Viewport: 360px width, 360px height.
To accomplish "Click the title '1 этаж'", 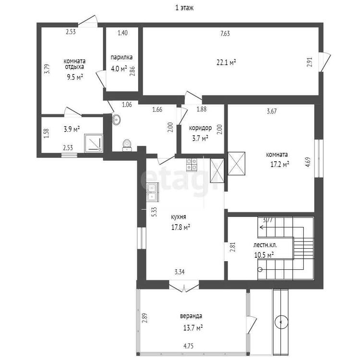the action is [x=184, y=8].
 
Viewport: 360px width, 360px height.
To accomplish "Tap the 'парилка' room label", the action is [x=121, y=57].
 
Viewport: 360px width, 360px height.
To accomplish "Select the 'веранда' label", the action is [x=191, y=316].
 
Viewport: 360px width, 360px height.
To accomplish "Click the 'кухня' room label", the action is [x=179, y=217].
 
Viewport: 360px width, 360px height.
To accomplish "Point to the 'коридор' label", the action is [x=200, y=128].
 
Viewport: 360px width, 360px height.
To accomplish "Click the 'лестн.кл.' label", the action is [x=265, y=245].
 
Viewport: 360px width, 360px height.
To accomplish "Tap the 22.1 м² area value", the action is [x=227, y=62].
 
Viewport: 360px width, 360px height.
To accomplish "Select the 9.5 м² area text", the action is [x=75, y=77].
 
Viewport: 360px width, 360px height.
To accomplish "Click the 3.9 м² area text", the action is [x=72, y=129].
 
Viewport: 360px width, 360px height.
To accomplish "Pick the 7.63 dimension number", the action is [x=225, y=34].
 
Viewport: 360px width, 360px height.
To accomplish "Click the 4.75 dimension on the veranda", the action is [x=188, y=346].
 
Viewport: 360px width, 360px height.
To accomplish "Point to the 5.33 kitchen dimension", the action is [x=154, y=212].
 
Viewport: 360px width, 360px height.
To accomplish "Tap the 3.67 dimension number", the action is [x=272, y=111].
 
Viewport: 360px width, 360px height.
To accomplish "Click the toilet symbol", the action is [x=127, y=145].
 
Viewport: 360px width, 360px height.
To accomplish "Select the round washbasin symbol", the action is [x=117, y=120].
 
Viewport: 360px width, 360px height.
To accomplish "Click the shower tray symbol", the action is [x=94, y=143].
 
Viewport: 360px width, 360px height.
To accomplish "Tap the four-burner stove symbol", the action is [x=192, y=165].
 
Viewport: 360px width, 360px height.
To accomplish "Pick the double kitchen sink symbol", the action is [x=152, y=192].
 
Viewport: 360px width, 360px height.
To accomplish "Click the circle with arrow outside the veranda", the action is [x=281, y=322].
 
